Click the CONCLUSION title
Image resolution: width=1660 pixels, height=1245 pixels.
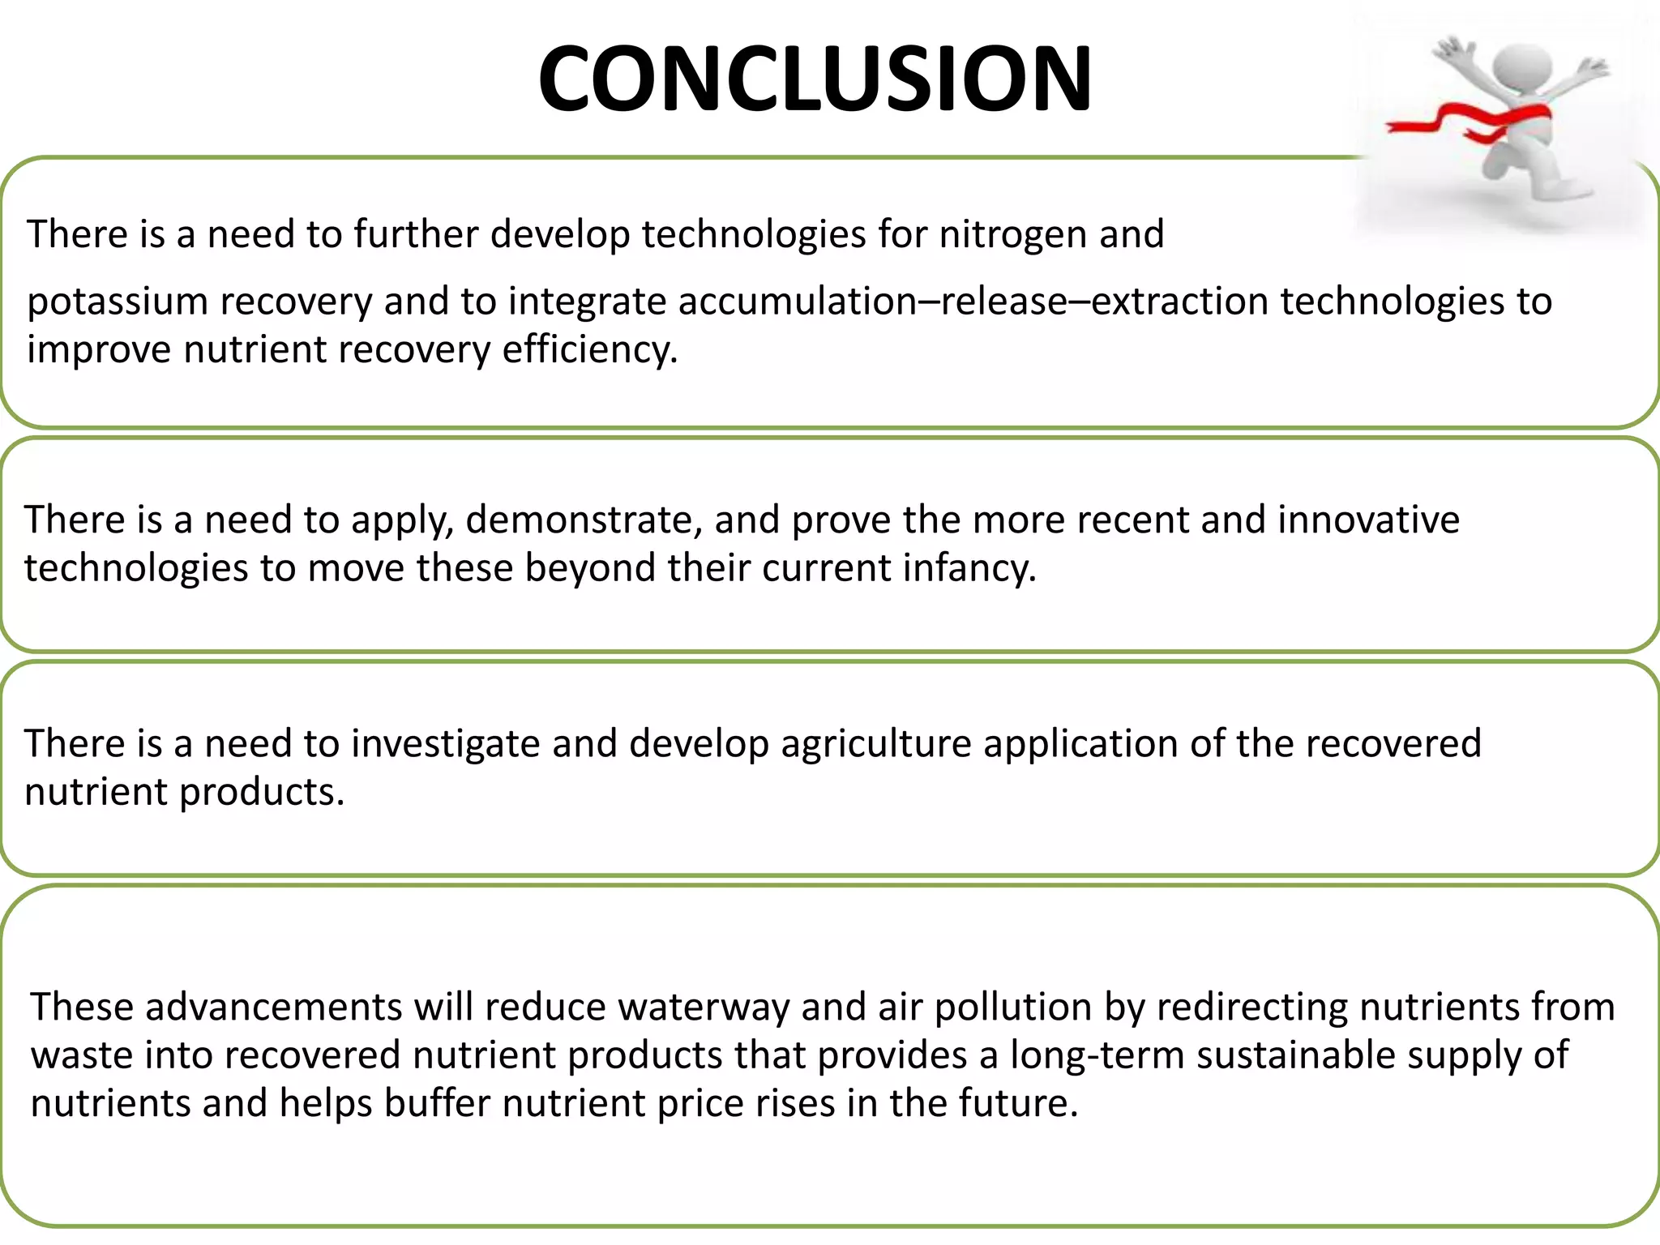pyautogui.click(x=815, y=79)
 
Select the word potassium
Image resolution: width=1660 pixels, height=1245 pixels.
pyautogui.click(x=118, y=302)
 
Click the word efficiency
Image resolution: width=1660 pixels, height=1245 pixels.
pyautogui.click(x=589, y=350)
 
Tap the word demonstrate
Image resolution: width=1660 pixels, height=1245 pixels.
pyautogui.click(x=584, y=520)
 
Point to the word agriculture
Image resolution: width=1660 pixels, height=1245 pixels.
pyautogui.click(x=876, y=744)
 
